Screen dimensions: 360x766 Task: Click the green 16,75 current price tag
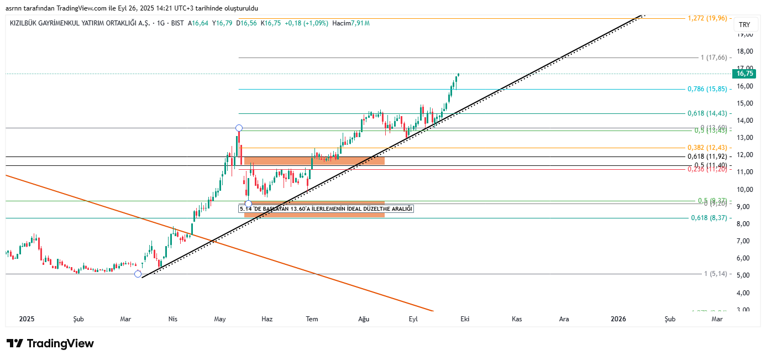744,74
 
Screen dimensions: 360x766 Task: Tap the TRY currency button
744,25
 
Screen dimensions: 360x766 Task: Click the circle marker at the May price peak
239,128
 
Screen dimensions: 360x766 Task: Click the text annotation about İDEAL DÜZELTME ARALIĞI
326,209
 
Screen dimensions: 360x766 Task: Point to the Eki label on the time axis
465,319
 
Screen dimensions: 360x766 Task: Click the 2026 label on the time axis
618,319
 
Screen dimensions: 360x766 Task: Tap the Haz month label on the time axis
267,319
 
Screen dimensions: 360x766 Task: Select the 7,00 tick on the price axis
744,241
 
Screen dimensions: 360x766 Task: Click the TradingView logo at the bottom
50,343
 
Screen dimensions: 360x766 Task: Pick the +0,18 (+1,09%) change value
306,23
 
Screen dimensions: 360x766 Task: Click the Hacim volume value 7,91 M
360,23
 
